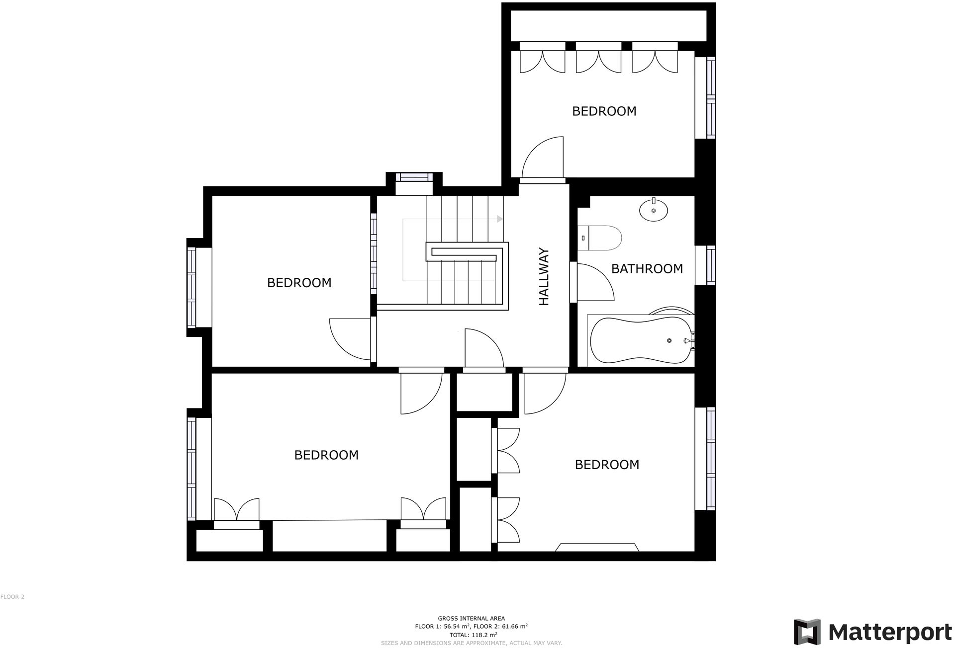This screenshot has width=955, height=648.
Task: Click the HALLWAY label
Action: pyautogui.click(x=545, y=277)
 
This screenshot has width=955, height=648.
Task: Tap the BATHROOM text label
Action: pyautogui.click(x=647, y=269)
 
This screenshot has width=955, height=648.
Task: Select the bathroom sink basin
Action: pyautogui.click(x=653, y=210)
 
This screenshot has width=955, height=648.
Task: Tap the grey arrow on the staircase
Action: pyautogui.click(x=500, y=219)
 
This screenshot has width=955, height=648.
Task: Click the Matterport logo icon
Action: pyautogui.click(x=807, y=632)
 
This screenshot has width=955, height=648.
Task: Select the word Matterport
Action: pyautogui.click(x=890, y=632)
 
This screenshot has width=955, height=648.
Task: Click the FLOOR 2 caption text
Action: pyautogui.click(x=12, y=597)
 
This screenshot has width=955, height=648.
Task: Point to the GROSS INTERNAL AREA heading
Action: pyautogui.click(x=471, y=619)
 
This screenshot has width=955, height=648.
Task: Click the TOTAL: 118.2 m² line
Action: pyautogui.click(x=473, y=635)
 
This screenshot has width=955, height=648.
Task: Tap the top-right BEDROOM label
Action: pyautogui.click(x=604, y=111)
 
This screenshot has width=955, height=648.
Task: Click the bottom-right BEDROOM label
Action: pyautogui.click(x=607, y=465)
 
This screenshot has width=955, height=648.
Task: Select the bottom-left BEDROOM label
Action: pyautogui.click(x=326, y=455)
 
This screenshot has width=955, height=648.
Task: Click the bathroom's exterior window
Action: pyautogui.click(x=711, y=265)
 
